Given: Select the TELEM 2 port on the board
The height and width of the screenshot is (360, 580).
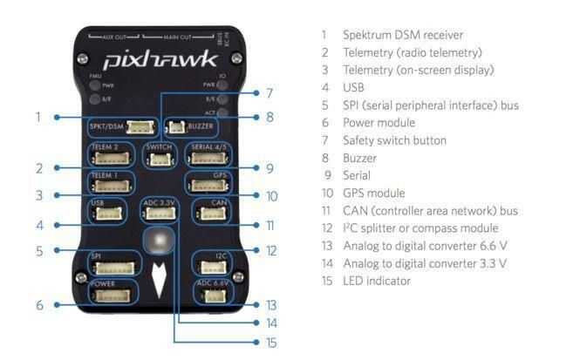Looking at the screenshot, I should coord(111,159).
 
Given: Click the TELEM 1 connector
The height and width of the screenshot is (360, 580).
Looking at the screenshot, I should coord(111,183).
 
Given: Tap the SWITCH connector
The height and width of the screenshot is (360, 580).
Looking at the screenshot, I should coord(158,159).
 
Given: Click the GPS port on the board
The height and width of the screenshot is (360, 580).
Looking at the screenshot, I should coord(209,185).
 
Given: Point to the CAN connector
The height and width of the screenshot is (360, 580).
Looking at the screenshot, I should coord(213,214).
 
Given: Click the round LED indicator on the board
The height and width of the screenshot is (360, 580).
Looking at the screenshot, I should coord(158,241).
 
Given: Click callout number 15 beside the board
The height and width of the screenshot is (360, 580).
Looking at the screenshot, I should coord(271,343).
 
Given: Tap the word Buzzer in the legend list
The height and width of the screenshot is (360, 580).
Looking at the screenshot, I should coord(359,158).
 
